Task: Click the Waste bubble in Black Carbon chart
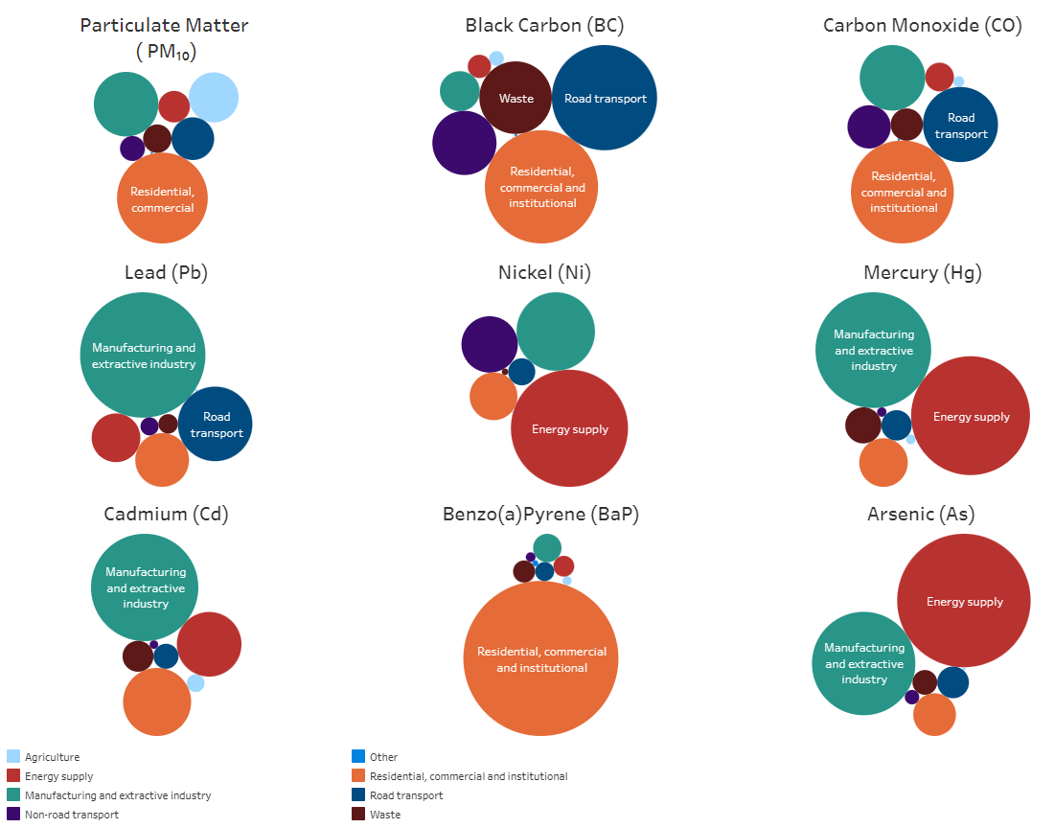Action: coord(516,98)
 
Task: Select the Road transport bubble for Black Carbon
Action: coord(605,98)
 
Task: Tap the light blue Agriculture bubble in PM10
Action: coord(214,98)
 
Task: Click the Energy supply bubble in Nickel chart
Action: coord(569,428)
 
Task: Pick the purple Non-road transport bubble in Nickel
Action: coord(490,344)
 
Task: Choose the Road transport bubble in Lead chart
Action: coord(215,425)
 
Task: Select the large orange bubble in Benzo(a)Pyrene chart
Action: coord(540,658)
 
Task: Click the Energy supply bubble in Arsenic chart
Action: coord(964,600)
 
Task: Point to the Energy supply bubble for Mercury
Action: coord(971,415)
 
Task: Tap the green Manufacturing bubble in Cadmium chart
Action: coord(145,587)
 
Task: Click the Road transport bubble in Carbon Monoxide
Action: coord(960,125)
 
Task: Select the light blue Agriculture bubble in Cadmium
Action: coord(195,683)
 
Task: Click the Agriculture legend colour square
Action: coord(13,756)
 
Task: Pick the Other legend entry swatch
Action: coord(358,756)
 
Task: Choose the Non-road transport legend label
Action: coord(72,815)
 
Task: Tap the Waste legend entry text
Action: coord(385,815)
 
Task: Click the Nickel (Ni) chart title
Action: coord(544,272)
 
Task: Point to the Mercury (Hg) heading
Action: coord(922,272)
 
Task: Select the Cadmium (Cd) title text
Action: coord(166,514)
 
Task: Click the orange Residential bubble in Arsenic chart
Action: coord(934,714)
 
